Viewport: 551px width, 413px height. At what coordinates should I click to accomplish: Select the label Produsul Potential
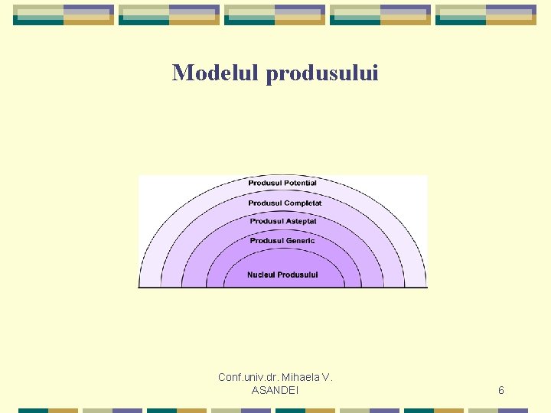[282, 184]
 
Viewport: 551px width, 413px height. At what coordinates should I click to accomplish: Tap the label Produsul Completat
[285, 203]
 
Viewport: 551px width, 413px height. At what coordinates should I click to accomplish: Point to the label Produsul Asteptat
[282, 222]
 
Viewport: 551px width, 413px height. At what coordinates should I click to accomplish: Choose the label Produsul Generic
[282, 241]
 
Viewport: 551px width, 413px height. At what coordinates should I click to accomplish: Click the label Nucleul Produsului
[282, 275]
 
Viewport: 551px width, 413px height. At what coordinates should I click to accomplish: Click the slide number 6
[501, 391]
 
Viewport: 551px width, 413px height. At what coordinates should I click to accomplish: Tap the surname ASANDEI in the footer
[275, 391]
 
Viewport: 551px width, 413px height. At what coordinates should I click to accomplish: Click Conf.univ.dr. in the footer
[248, 377]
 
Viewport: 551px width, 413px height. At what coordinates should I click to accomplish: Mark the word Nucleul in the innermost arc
[261, 275]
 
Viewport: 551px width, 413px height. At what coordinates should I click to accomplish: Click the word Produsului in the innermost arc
[298, 275]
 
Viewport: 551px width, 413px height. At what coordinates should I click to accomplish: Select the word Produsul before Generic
[266, 241]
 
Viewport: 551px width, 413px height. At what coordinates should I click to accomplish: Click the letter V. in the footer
[328, 377]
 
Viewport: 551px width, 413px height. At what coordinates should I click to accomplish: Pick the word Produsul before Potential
[265, 184]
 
